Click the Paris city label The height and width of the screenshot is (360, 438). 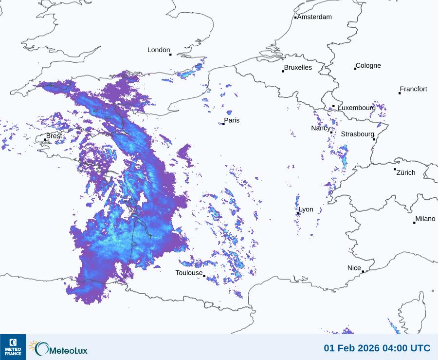point(232,120)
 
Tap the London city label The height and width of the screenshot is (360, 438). point(159,50)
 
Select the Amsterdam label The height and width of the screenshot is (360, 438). point(314,17)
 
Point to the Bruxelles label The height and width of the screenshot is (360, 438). point(298,68)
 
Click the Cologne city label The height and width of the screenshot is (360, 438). point(368,66)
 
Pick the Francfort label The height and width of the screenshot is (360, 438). point(414,89)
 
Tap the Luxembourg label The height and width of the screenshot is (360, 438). point(357,107)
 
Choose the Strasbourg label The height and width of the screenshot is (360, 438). point(358,134)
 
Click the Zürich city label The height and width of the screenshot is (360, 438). point(406,172)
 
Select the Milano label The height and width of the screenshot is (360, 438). point(425,219)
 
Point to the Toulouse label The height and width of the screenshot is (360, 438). point(189,273)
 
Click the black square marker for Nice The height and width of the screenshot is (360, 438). point(363,271)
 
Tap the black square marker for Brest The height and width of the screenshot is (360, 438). point(45,140)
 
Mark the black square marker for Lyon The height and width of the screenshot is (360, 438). point(298,213)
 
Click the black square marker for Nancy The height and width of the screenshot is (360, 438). point(331,133)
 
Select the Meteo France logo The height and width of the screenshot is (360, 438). point(13,347)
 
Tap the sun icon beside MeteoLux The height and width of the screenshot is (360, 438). point(33,346)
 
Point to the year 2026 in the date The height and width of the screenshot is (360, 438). point(360,348)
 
